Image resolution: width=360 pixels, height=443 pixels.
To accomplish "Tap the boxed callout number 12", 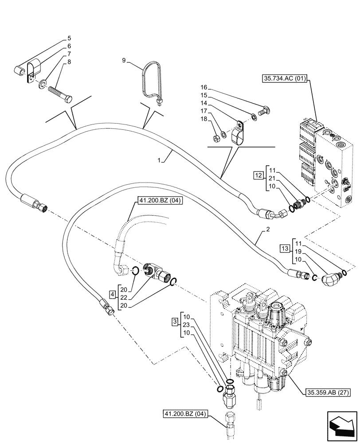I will [x=258, y=176].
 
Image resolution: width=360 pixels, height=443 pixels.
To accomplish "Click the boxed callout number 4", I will [x=113, y=293].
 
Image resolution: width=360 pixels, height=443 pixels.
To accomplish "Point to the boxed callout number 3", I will [x=175, y=320].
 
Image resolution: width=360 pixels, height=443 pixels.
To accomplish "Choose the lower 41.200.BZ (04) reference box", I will [x=184, y=414].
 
